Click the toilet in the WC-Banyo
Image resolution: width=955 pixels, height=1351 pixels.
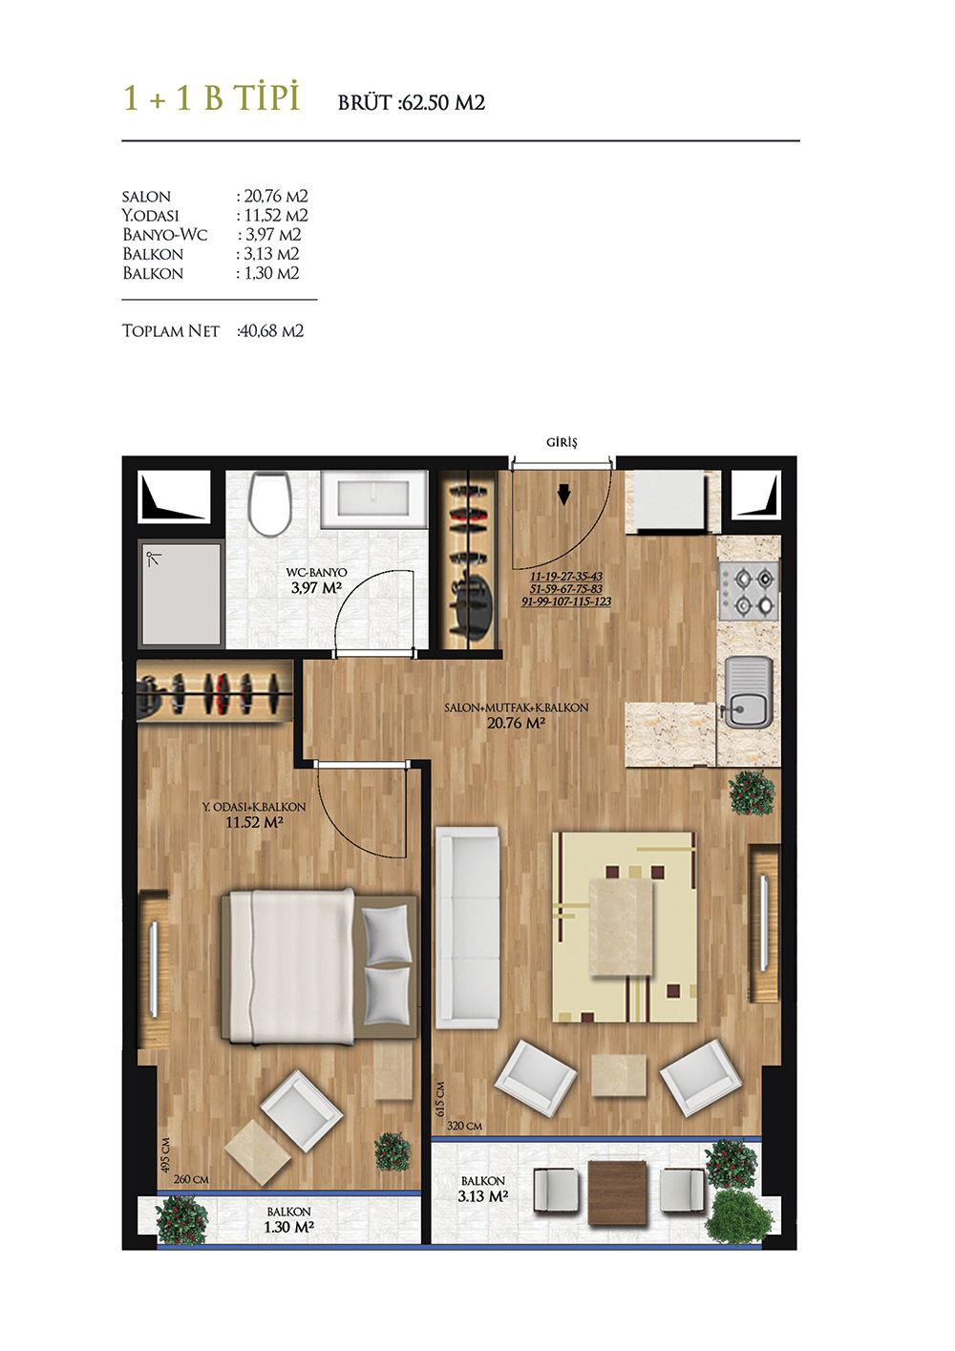point(270,503)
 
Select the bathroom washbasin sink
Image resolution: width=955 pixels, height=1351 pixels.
point(374,498)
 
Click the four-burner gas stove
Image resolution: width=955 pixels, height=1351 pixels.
point(750,591)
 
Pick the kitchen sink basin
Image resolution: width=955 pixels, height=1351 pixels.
point(748,693)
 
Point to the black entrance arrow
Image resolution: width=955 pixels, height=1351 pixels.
point(563,496)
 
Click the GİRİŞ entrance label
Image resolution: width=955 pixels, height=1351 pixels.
point(562,442)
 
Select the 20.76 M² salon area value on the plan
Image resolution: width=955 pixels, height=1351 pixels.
point(516,723)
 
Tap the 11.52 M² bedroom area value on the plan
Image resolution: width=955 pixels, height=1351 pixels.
point(254,821)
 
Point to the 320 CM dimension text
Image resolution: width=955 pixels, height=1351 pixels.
point(464,1126)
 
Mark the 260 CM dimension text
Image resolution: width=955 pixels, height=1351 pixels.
point(191,1179)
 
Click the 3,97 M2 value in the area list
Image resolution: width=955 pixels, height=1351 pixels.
point(273,235)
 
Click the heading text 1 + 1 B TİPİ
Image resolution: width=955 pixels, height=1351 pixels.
point(211,97)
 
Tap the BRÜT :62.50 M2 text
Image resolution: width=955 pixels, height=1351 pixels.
point(411,102)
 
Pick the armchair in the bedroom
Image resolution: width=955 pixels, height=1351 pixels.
point(302,1104)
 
